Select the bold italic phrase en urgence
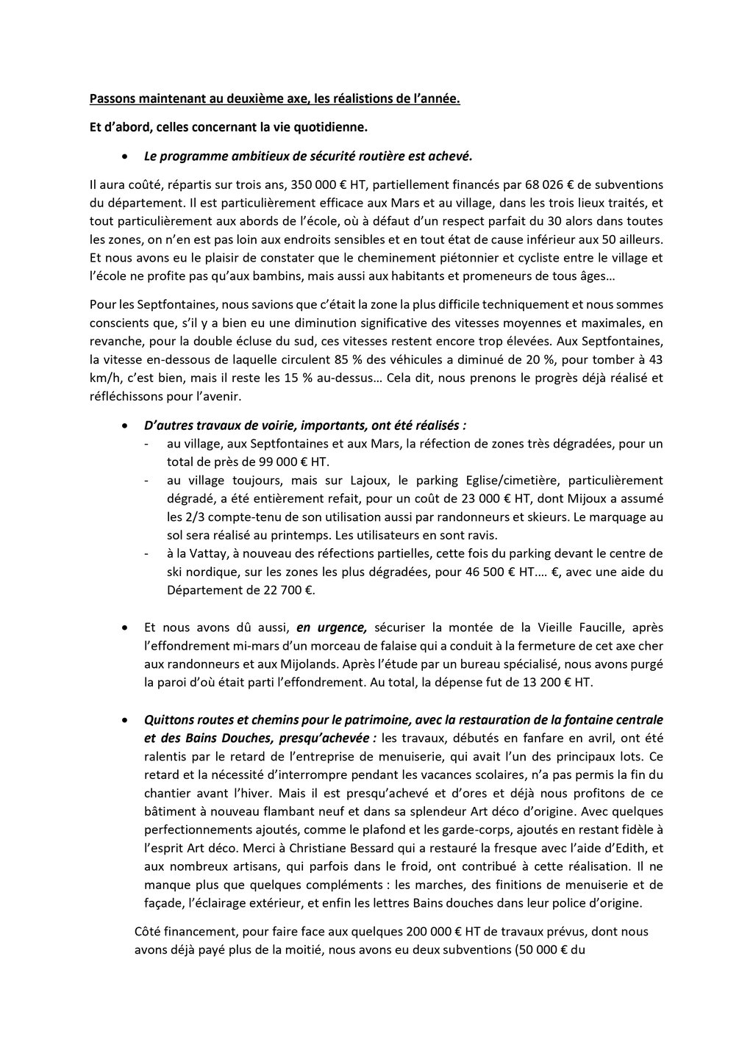pos(331,628)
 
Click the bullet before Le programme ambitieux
pos(126,157)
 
